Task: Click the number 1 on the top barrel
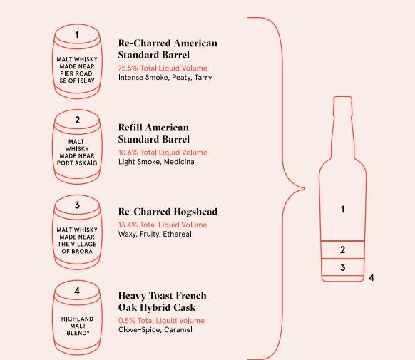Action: pos(77,35)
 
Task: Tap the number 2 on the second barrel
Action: pos(77,120)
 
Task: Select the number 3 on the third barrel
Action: pos(77,206)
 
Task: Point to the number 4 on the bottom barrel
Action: pos(77,291)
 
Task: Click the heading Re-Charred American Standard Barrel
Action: pos(168,48)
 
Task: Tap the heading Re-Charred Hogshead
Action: pos(168,212)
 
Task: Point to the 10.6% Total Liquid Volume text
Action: pos(162,153)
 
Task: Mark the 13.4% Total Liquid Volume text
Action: pos(162,225)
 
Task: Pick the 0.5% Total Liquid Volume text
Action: pos(160,321)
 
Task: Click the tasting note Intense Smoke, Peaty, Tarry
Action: pos(165,77)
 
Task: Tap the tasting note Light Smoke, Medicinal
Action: pos(157,162)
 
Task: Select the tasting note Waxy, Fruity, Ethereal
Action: pos(155,234)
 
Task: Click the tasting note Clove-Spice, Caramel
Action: pos(155,330)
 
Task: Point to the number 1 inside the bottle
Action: pos(343,210)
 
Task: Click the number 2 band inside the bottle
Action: pos(343,250)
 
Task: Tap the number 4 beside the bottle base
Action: pos(372,277)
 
